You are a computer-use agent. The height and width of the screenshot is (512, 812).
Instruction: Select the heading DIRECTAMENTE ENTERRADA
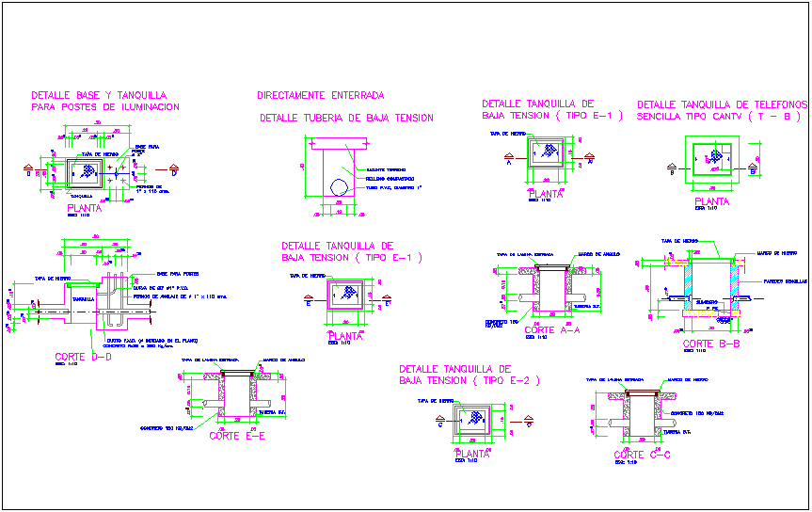point(320,95)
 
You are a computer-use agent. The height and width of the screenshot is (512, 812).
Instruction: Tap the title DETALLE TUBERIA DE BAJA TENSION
point(346,118)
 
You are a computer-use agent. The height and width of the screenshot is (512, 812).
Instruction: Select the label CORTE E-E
point(237,436)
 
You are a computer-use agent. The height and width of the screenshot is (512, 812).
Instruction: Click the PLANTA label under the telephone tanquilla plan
point(711,201)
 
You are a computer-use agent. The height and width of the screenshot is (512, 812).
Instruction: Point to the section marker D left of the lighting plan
point(28,173)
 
